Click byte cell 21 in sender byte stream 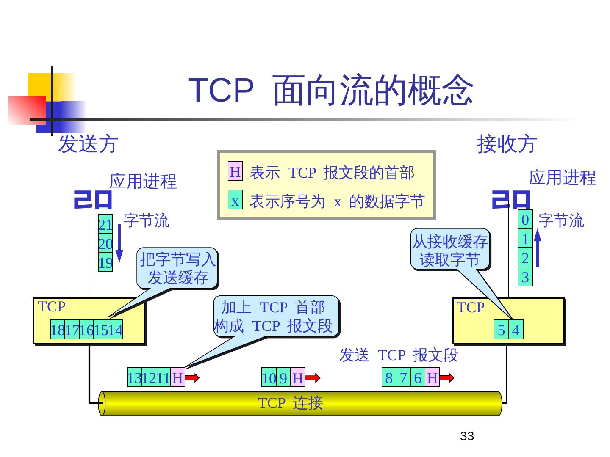[105, 224]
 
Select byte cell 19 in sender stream [105, 263]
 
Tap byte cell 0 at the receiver [525, 220]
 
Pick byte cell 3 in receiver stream [525, 278]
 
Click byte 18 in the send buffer [57, 330]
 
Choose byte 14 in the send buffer [115, 330]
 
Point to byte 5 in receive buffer [501, 330]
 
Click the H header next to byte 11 [177, 377]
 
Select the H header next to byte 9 [297, 378]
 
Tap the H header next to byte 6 [432, 377]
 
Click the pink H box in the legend [235, 171]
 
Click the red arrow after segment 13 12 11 [192, 377]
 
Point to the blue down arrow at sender [119, 243]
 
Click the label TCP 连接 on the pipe [291, 403]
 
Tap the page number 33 [467, 436]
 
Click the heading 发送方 [88, 144]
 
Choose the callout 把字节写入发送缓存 [178, 268]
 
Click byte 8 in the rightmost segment [389, 377]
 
